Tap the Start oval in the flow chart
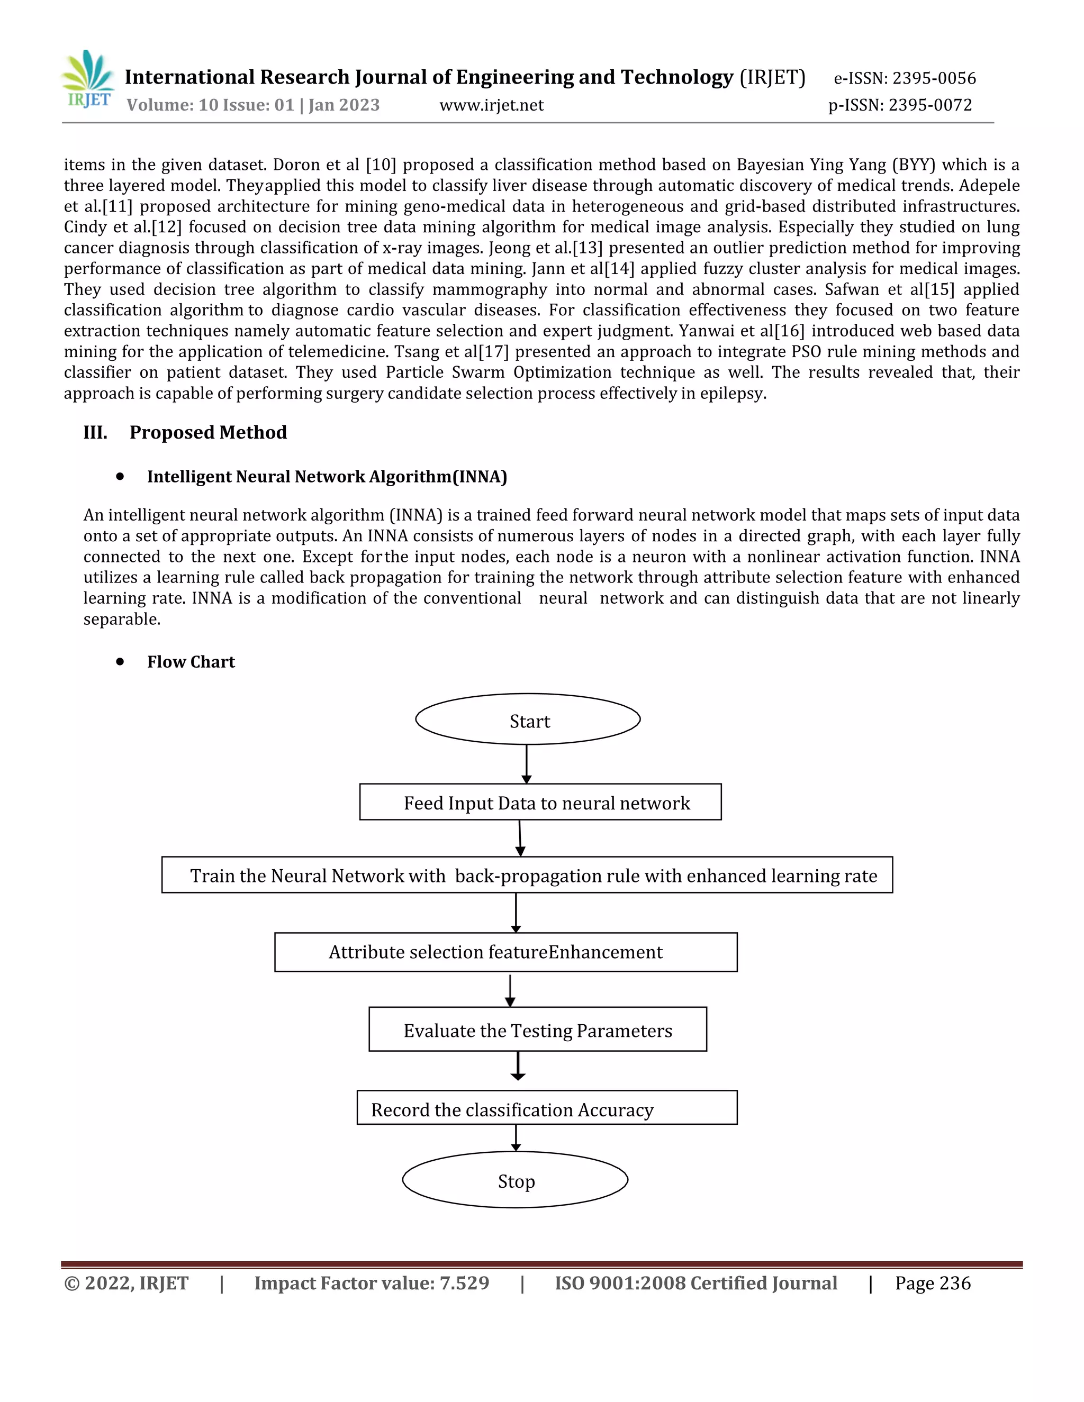tap(528, 720)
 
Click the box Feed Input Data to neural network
tap(540, 803)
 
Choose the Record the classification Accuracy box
tap(546, 1109)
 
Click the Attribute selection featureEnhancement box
tap(505, 952)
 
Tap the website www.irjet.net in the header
tap(491, 105)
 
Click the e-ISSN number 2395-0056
tap(934, 78)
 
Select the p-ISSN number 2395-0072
tap(930, 105)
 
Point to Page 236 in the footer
tap(933, 1283)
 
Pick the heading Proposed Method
tap(208, 432)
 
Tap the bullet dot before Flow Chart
tap(120, 661)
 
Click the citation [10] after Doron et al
tap(381, 165)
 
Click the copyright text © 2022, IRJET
tap(127, 1283)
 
